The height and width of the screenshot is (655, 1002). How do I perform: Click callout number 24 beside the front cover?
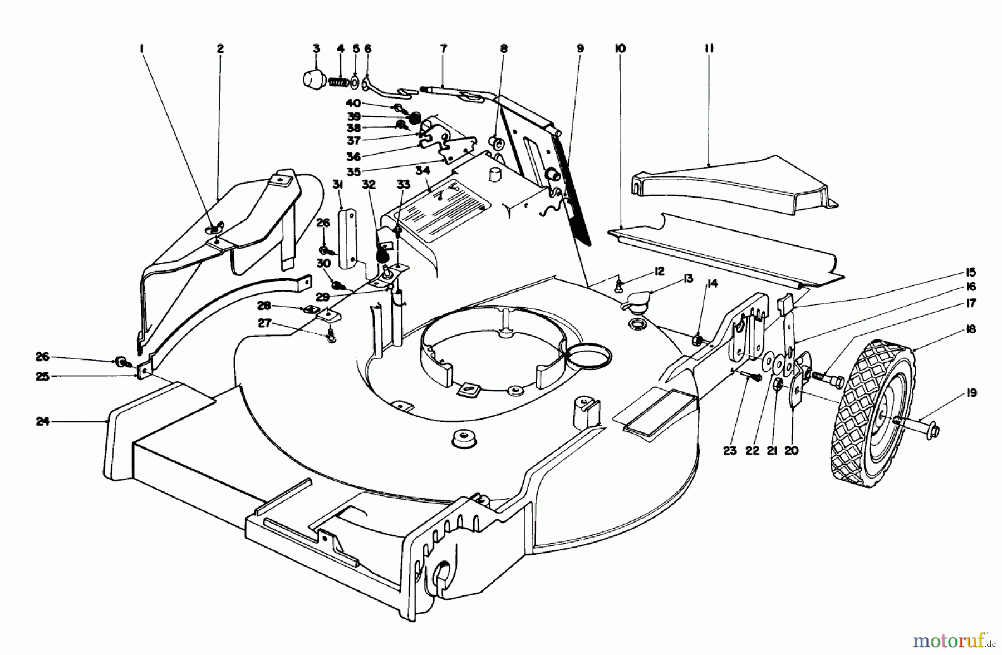(x=43, y=422)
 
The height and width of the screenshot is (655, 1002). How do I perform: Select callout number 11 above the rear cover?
(x=709, y=49)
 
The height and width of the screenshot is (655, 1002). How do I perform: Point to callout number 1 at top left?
(x=142, y=49)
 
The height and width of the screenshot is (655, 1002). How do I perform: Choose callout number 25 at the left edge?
(x=43, y=377)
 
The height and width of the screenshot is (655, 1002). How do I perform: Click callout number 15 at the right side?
(x=971, y=273)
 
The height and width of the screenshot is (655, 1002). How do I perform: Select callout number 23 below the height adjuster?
(x=730, y=451)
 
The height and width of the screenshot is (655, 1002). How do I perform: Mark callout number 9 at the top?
(x=580, y=49)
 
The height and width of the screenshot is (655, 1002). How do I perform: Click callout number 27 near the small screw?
(x=264, y=323)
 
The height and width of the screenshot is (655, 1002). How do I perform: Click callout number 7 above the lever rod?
(x=443, y=49)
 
